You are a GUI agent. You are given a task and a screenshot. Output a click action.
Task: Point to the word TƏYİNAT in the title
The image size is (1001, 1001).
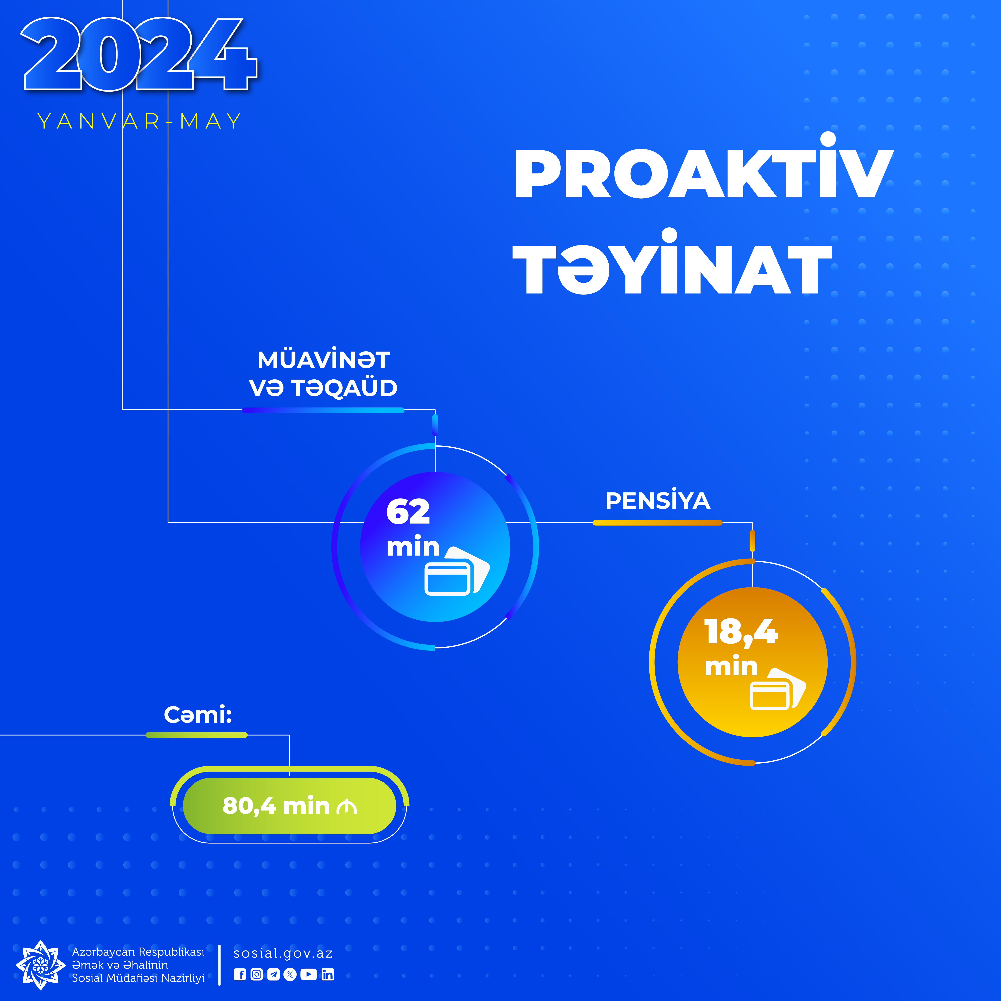coord(672,262)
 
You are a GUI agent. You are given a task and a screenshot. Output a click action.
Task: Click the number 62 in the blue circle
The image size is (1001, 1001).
coord(408,512)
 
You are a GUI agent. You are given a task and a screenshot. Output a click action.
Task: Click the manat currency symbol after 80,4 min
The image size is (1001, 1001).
coord(347,807)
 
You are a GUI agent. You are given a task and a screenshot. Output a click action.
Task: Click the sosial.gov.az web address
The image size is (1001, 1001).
coord(283,953)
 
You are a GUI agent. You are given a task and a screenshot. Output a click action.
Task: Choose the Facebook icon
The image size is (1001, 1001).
coord(240,975)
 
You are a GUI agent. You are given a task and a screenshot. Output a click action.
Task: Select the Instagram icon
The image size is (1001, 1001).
coord(256,975)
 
